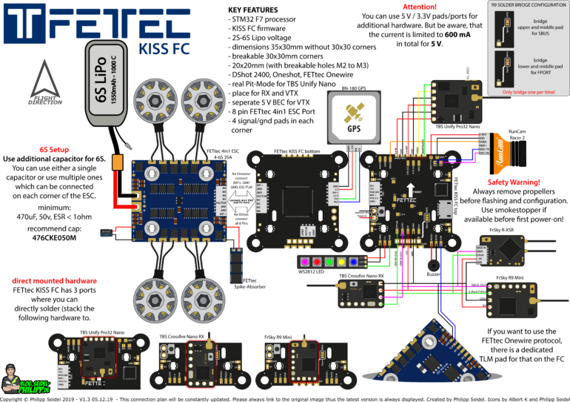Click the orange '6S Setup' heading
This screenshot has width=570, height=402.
click(x=56, y=149)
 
